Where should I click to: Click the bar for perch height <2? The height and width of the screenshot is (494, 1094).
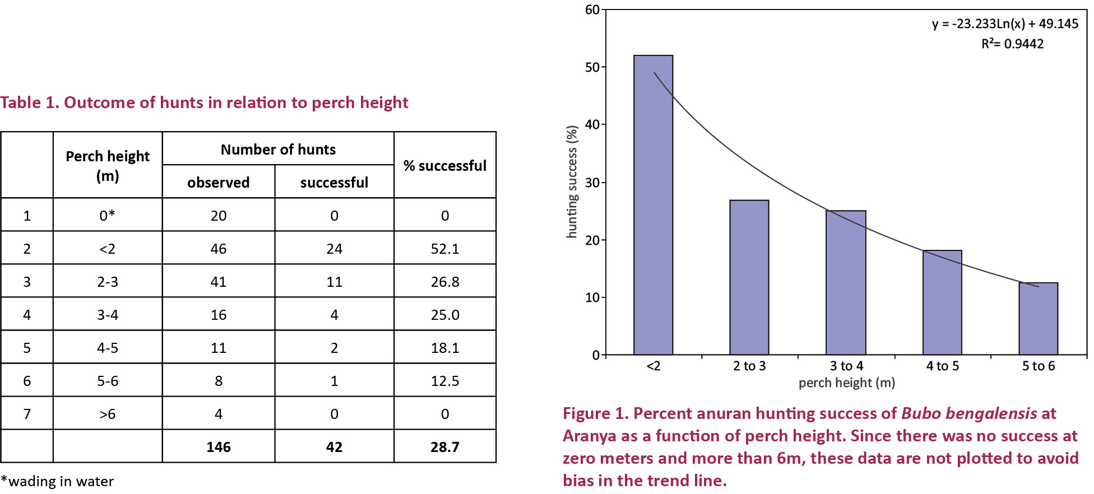coord(653,205)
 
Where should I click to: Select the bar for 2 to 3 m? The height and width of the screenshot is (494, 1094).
coord(749,277)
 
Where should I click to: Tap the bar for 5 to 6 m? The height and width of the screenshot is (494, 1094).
coord(1039,319)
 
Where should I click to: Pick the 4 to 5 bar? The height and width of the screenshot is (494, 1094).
coord(942,302)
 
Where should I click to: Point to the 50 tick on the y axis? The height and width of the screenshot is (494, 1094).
coord(592,67)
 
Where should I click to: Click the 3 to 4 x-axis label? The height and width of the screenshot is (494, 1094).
coord(846,366)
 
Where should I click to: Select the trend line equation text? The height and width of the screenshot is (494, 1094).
coord(1005,24)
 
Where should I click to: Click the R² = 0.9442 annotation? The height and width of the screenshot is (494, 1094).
coord(1012,44)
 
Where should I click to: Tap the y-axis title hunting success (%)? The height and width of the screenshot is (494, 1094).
coord(572,182)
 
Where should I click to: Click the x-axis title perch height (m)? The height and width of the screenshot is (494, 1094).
coord(846,383)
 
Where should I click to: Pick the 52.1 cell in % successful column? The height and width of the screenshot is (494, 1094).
coord(445,249)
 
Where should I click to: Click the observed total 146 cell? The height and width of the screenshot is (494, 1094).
coord(218,447)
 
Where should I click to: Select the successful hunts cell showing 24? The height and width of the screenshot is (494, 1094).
coord(334,249)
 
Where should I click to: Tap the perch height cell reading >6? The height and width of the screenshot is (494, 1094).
coord(108,414)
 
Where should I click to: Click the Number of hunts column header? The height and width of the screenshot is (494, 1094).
coord(278,150)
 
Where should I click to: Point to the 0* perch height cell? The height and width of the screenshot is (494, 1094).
coord(108,216)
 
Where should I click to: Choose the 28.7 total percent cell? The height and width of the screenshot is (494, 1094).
coord(445,447)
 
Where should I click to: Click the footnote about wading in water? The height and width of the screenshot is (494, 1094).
coord(57,482)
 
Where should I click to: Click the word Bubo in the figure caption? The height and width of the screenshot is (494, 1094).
coord(920,413)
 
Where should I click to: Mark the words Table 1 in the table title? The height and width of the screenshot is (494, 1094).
coord(29,102)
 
